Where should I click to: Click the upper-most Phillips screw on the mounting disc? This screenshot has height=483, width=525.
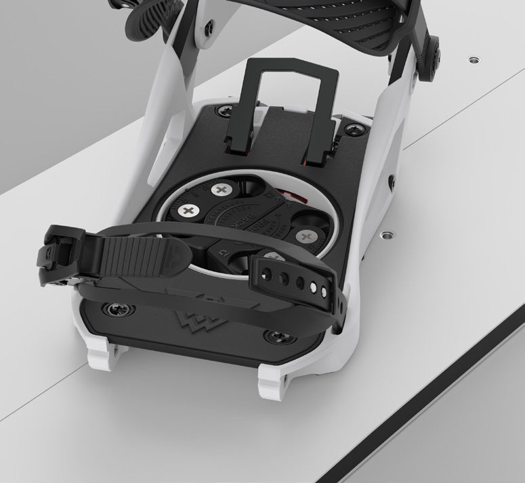click(x=220, y=190)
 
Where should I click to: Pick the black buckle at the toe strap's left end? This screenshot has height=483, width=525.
click(x=51, y=254)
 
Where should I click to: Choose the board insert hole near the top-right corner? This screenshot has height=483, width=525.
click(x=472, y=60)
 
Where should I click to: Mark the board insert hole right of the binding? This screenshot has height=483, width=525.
click(x=388, y=234)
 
